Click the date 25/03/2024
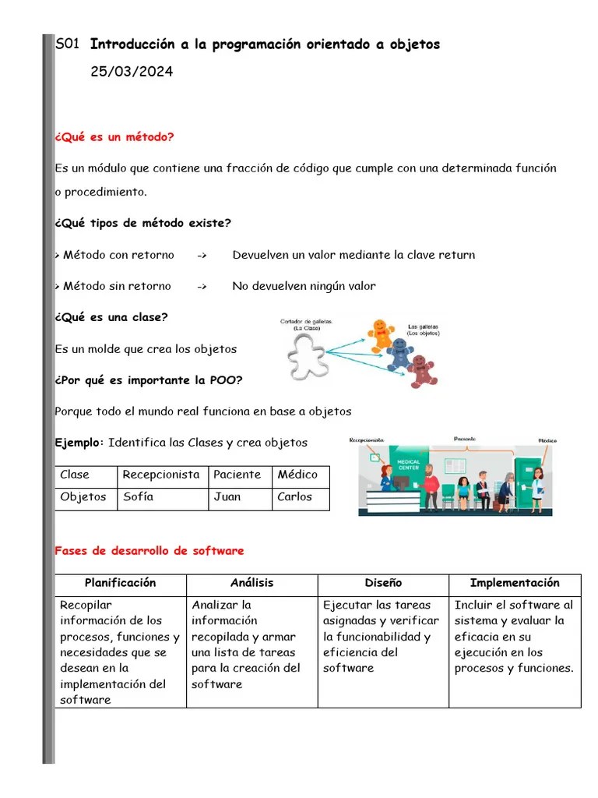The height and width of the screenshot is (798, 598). (132, 72)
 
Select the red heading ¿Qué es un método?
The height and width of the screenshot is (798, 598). (114, 137)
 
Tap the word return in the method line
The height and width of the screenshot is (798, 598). (456, 255)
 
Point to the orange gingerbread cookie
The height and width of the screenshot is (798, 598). (382, 332)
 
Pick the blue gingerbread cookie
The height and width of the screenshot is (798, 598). (399, 353)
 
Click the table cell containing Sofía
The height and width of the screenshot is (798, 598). (163, 497)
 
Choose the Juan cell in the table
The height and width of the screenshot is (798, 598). (239, 497)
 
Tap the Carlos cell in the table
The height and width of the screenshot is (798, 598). (300, 497)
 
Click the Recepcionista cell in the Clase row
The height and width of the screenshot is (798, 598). (162, 475)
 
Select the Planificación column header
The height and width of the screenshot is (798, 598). (121, 583)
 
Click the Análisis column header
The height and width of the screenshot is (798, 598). (252, 583)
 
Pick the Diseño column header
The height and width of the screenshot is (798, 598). (383, 583)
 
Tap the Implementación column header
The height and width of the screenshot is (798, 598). (515, 583)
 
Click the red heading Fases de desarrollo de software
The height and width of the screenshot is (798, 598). (149, 551)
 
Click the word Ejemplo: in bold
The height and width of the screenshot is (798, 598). (79, 443)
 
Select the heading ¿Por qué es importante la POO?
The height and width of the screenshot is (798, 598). (149, 380)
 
